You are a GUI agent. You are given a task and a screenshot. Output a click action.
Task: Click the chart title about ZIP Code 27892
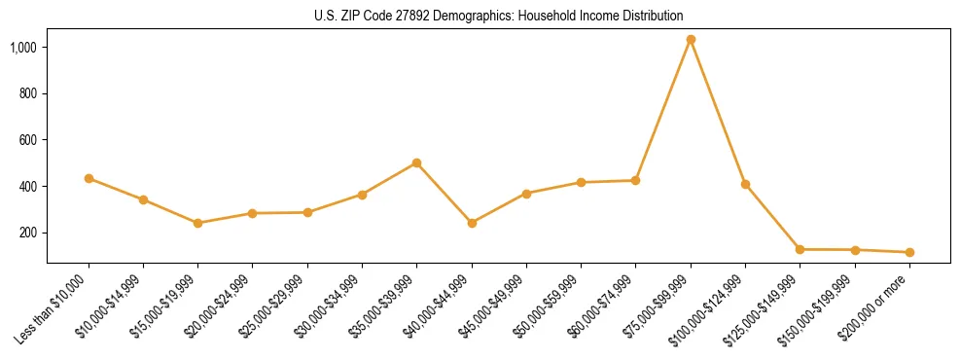click(499, 16)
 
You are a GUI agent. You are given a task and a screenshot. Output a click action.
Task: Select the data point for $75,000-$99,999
click(691, 40)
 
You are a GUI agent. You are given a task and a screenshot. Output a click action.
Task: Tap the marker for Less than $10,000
click(89, 178)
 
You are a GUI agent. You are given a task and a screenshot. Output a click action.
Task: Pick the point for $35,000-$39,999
click(416, 162)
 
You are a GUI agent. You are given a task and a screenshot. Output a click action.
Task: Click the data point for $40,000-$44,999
click(472, 223)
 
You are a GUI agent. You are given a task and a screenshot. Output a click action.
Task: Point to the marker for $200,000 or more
click(909, 252)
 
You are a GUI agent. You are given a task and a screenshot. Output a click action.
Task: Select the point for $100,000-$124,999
click(745, 184)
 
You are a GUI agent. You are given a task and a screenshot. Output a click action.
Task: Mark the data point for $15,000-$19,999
click(197, 223)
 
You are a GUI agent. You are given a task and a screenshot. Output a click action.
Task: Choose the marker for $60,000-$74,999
click(635, 180)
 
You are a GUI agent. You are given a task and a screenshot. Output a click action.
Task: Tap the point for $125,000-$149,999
click(800, 249)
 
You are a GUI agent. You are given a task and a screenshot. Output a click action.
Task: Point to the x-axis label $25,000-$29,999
click(274, 306)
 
